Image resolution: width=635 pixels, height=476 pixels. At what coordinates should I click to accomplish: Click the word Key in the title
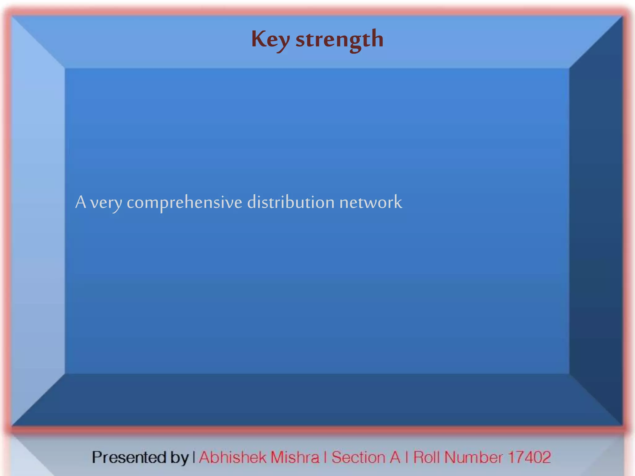pyautogui.click(x=270, y=40)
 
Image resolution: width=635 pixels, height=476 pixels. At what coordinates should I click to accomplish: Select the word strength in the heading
pyautogui.click(x=340, y=40)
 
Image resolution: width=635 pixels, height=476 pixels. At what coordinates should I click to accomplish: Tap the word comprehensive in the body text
pyautogui.click(x=184, y=203)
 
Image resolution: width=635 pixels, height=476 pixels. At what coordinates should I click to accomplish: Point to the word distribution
pyautogui.click(x=291, y=202)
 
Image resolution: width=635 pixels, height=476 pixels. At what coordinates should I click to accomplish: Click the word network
pyautogui.click(x=371, y=202)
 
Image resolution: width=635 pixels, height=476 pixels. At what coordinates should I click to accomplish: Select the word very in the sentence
pyautogui.click(x=106, y=203)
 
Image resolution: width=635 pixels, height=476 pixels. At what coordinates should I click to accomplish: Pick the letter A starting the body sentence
pyautogui.click(x=81, y=202)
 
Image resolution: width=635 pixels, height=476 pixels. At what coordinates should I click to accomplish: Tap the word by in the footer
pyautogui.click(x=179, y=458)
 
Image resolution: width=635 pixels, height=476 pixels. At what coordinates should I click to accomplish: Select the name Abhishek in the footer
pyautogui.click(x=233, y=457)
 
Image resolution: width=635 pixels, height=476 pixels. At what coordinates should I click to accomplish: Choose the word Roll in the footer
pyautogui.click(x=427, y=457)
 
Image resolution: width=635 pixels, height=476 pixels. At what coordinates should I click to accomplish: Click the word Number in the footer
pyautogui.click(x=473, y=457)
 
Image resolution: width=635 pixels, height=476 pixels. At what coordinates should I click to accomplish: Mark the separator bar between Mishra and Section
pyautogui.click(x=325, y=457)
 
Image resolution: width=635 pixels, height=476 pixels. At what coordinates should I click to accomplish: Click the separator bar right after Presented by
pyautogui.click(x=194, y=457)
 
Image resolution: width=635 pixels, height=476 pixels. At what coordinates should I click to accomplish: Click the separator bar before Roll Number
pyautogui.click(x=407, y=457)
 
